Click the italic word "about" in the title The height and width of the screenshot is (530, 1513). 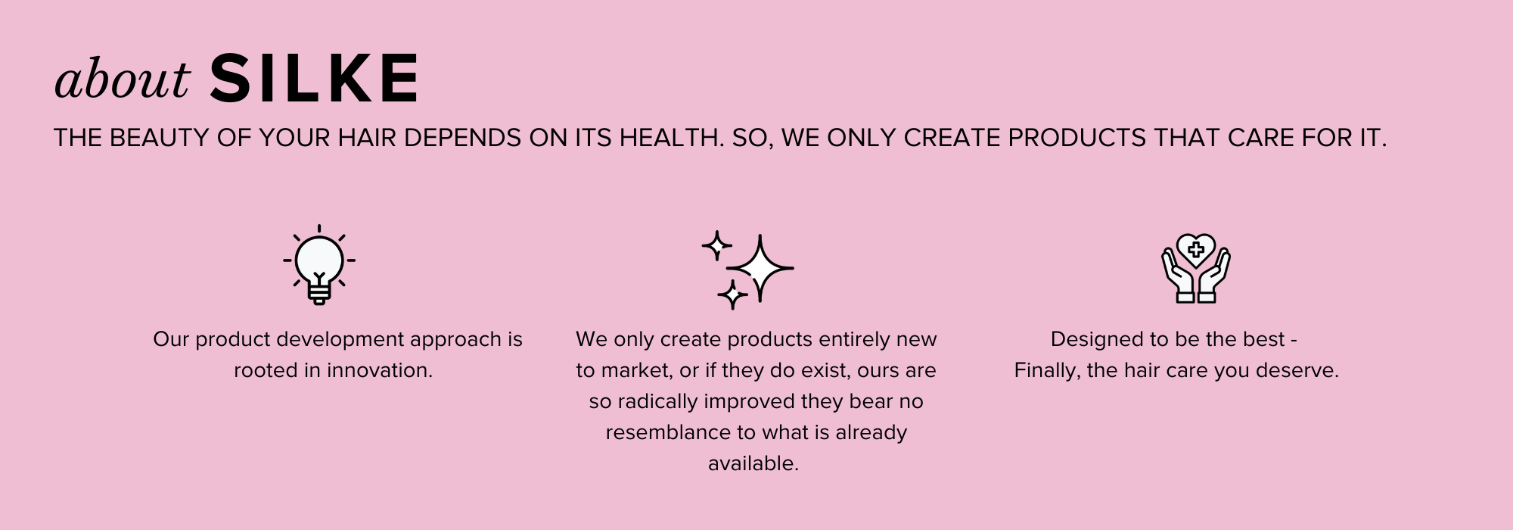(122, 79)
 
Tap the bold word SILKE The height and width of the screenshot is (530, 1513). (315, 78)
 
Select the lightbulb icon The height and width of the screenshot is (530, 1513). (319, 265)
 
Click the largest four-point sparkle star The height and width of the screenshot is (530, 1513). (760, 268)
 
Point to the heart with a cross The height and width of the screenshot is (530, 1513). (1196, 249)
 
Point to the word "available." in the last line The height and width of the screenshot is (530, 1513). (753, 463)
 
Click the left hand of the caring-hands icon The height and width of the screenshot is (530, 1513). (1178, 276)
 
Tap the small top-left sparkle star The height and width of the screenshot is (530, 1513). (716, 245)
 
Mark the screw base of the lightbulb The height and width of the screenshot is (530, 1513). (319, 294)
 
